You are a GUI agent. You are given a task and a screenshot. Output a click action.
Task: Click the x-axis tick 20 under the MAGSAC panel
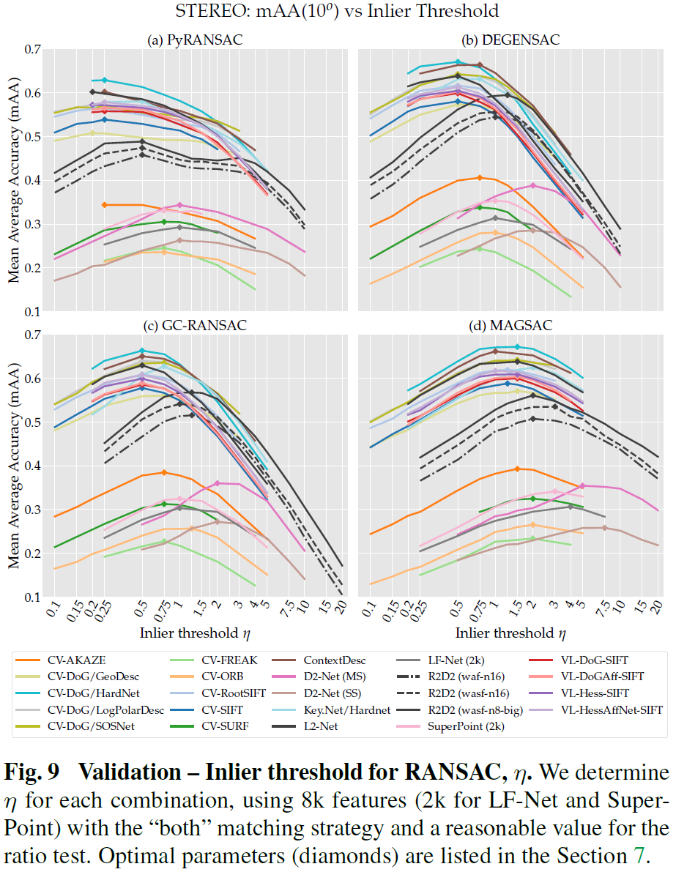(x=656, y=608)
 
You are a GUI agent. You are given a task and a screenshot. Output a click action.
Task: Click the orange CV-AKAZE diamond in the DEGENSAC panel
(x=480, y=178)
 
